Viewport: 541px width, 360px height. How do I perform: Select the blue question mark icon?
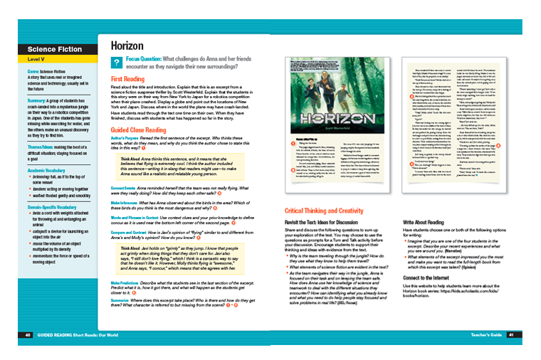coord(116,63)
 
